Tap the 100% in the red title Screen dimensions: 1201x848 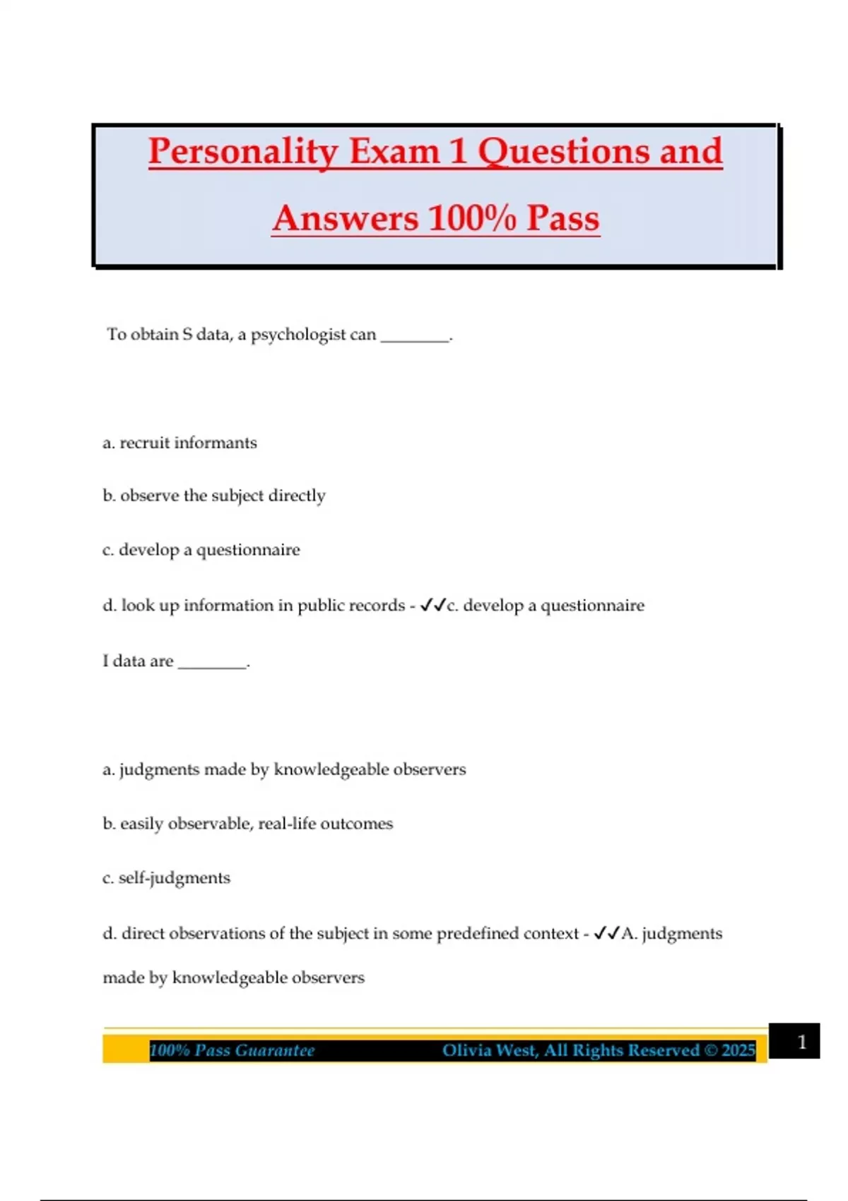472,218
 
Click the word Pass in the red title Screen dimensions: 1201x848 563,218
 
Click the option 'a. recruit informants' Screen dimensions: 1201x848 179,443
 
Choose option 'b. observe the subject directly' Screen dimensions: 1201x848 213,496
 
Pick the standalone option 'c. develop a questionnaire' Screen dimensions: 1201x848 201,550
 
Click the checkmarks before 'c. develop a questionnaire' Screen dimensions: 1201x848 432,605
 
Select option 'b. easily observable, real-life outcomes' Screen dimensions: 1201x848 247,824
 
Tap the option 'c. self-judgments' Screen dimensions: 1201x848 166,878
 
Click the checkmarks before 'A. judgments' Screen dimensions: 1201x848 606,933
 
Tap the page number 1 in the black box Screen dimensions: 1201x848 801,1042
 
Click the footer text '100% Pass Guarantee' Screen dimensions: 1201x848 232,1051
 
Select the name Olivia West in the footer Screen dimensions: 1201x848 489,1051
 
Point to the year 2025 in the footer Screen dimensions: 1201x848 738,1051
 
